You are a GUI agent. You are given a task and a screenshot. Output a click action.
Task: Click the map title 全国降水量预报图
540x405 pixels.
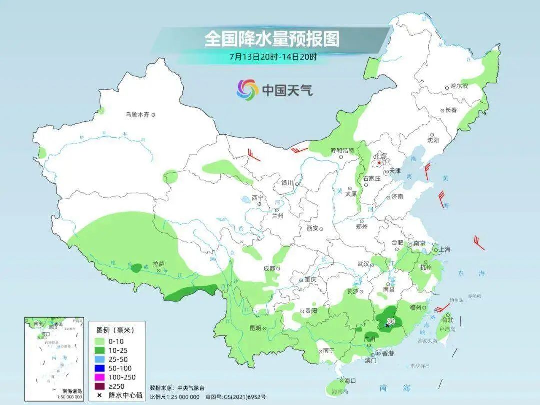(272, 39)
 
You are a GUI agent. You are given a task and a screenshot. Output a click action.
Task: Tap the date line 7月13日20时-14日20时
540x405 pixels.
(273, 56)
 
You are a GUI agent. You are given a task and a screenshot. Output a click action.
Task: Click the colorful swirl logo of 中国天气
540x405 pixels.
(247, 90)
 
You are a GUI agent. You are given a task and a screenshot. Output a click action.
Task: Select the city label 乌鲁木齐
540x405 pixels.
(137, 115)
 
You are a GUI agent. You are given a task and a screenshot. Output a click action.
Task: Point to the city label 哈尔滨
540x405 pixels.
(459, 86)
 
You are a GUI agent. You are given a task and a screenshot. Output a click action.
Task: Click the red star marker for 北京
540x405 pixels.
(380, 162)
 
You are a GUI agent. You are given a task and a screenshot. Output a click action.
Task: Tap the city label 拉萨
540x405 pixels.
(158, 264)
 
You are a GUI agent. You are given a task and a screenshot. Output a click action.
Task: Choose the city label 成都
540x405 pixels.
(269, 268)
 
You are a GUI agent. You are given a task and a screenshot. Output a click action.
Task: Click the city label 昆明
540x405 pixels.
(255, 328)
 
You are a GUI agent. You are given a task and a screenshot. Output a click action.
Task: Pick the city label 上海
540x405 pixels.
(444, 249)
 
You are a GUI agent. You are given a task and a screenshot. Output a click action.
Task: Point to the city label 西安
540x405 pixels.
(313, 228)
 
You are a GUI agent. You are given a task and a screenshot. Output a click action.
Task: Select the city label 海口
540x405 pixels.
(350, 381)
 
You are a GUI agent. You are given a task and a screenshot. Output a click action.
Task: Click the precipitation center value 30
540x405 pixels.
(391, 321)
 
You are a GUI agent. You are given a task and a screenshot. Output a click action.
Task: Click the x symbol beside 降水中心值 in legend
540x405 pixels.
(100, 395)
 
